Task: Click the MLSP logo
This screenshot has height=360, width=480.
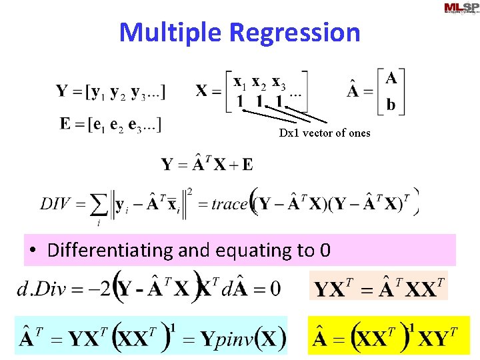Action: click(x=461, y=8)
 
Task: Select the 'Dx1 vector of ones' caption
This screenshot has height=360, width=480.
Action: click(x=325, y=133)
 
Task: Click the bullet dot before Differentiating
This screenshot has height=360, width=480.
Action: click(x=33, y=251)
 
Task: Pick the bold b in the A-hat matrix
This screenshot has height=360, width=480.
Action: click(x=391, y=105)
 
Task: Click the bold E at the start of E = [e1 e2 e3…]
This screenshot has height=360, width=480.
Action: click(x=65, y=124)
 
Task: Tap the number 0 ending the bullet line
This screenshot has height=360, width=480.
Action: click(x=325, y=251)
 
